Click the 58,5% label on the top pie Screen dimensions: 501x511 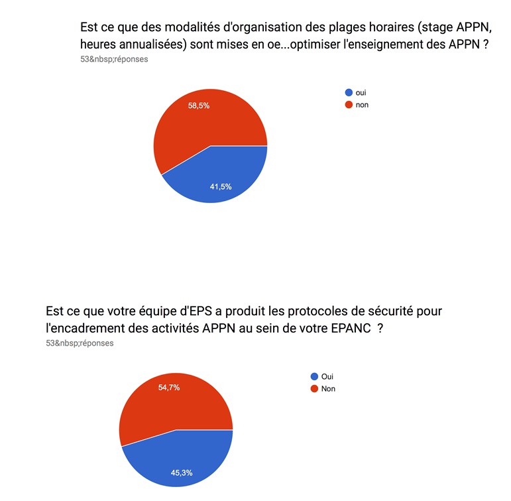pos(199,106)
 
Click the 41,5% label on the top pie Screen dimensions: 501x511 pos(220,186)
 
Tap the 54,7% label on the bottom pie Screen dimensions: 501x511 pos(169,388)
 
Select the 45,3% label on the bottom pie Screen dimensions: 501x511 pos(182,473)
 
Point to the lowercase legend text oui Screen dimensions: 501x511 pos(361,93)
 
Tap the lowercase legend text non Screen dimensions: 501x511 pos(362,105)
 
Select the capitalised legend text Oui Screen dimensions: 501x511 pos(327,376)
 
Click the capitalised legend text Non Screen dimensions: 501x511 pos(328,388)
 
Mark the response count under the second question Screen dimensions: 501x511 pos(79,343)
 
